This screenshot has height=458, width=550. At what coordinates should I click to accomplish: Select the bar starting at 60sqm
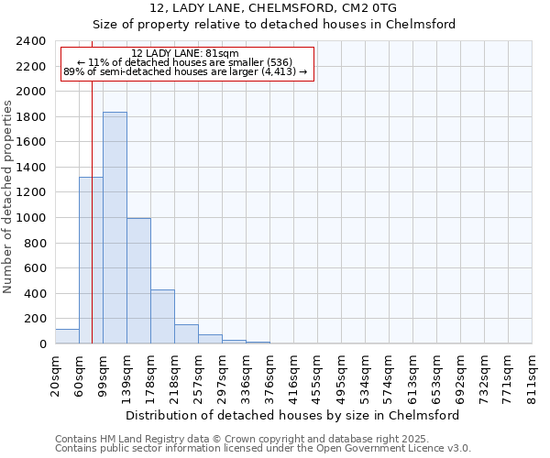click(91, 260)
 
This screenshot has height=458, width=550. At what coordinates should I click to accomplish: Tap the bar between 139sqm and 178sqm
click(138, 280)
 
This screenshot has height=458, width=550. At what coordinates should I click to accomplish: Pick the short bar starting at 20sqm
click(67, 336)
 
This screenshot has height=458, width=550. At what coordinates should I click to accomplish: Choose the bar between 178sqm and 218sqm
click(162, 316)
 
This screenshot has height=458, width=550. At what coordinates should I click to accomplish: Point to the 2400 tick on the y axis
click(31, 42)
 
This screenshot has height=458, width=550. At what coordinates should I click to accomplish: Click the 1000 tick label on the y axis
click(31, 218)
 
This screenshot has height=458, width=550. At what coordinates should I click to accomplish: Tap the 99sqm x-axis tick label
click(104, 375)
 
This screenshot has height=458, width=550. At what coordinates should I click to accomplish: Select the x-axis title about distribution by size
click(292, 415)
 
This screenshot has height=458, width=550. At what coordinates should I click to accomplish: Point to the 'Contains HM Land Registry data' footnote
click(242, 439)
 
